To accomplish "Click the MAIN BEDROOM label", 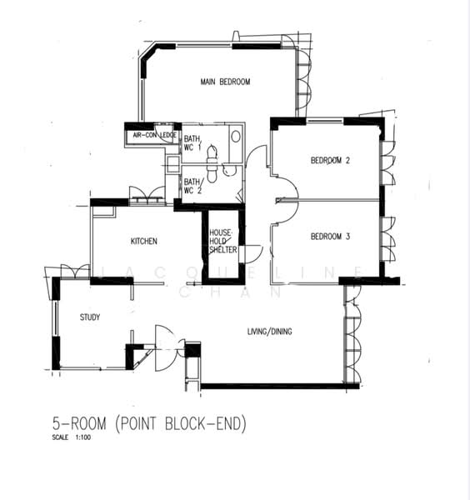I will click(x=225, y=82).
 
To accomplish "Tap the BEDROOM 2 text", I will click(x=330, y=161).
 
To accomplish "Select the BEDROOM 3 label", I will click(x=330, y=237).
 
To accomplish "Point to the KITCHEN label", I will click(x=143, y=242).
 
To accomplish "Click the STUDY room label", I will click(x=89, y=317).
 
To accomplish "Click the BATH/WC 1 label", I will click(x=192, y=142).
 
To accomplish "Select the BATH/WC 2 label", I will click(x=192, y=185).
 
